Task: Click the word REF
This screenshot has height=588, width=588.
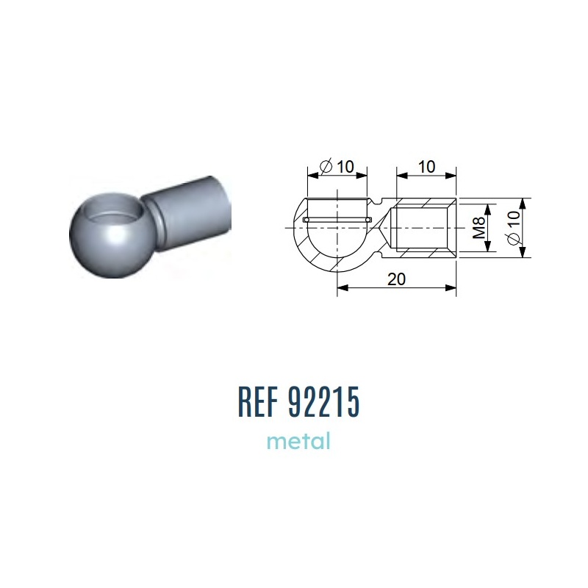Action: tap(259, 401)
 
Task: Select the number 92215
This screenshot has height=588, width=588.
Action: tap(324, 401)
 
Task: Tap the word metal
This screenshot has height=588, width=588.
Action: tap(298, 441)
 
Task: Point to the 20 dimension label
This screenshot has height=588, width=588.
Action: tap(396, 279)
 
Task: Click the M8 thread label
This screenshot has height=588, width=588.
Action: tap(479, 228)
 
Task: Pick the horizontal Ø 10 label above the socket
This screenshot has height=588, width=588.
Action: tap(337, 167)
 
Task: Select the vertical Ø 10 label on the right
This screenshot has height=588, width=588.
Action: tap(513, 228)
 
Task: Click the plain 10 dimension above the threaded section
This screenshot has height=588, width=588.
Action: tap(426, 167)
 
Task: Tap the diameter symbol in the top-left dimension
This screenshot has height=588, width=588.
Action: tap(326, 167)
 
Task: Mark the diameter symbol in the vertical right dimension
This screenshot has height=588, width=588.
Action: tap(513, 238)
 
